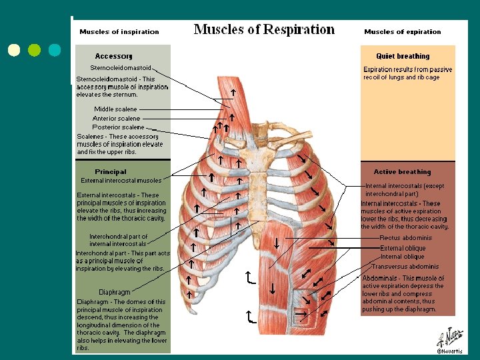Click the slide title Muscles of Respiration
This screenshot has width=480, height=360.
tap(264, 29)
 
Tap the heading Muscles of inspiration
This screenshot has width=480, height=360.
tap(119, 31)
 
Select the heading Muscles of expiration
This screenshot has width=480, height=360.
tap(403, 31)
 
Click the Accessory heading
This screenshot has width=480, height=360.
tap(114, 56)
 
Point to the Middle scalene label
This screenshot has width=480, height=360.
tap(115, 109)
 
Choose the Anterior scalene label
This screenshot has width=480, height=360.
tap(116, 118)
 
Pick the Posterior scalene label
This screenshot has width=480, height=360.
tap(118, 127)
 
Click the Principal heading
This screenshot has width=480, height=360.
tap(111, 171)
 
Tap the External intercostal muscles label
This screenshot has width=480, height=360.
tap(121, 180)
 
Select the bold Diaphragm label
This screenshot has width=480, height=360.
tap(115, 292)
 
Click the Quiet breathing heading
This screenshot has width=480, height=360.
tap(403, 56)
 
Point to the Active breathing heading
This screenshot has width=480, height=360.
tap(403, 171)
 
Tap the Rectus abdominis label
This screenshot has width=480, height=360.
tap(405, 238)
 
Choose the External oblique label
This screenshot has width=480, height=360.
tap(403, 248)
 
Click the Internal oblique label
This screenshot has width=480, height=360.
tap(402, 257)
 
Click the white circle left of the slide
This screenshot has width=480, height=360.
tap(14, 50)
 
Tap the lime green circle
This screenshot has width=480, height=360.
tap(35, 50)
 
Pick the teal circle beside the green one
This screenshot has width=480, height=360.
tap(55, 50)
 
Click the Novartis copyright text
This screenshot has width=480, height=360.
tap(448, 351)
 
